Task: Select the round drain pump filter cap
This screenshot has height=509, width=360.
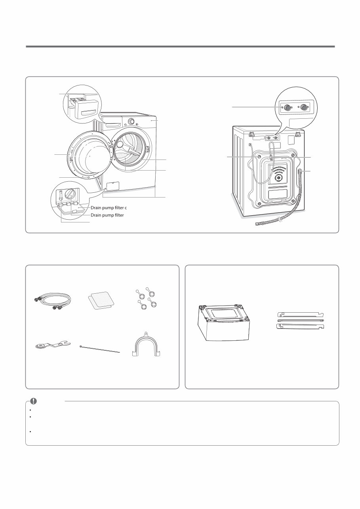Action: click(70, 194)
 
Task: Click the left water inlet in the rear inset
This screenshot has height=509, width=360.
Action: click(288, 107)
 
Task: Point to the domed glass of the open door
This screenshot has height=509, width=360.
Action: click(90, 156)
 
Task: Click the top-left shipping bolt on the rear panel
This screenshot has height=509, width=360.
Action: click(259, 157)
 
